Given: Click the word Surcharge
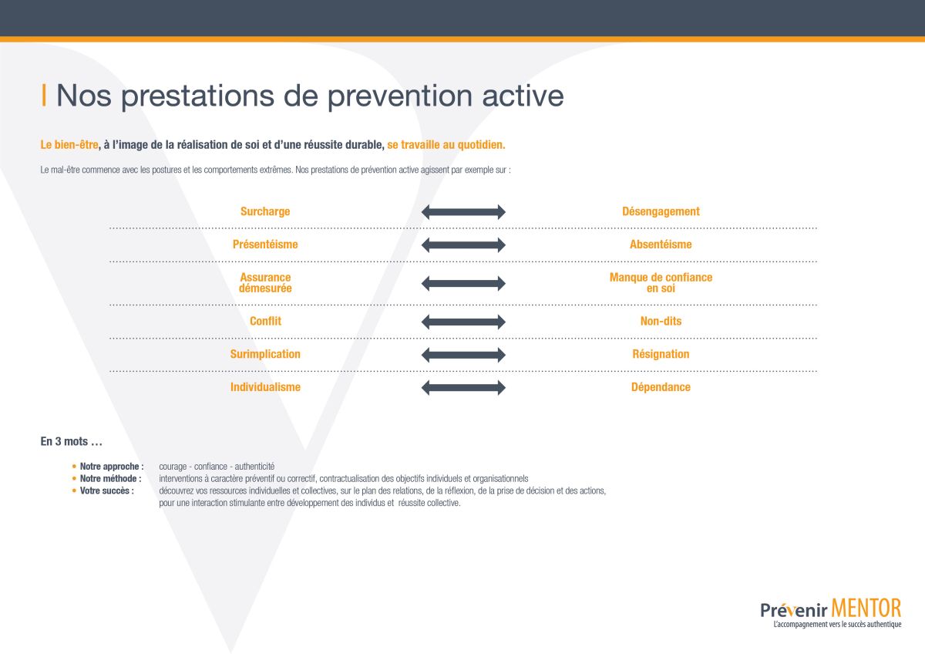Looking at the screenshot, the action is (x=265, y=211).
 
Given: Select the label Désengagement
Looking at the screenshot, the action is (x=661, y=211).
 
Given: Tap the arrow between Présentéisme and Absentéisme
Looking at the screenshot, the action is (x=463, y=245).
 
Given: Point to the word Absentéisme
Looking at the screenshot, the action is (x=661, y=244).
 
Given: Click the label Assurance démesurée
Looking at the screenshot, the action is (x=265, y=282).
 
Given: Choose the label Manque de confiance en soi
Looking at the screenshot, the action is (x=661, y=282).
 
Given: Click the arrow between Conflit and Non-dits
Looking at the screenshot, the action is (x=463, y=322).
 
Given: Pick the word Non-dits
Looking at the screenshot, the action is (x=661, y=321).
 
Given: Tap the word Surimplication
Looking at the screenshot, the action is (x=265, y=354).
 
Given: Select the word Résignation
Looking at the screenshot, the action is (x=661, y=354).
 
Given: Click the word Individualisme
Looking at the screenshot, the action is (x=265, y=387).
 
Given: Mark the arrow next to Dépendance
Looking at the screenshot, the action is (x=463, y=387).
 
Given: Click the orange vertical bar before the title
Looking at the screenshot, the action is (x=44, y=95).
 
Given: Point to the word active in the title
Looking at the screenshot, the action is (x=523, y=96).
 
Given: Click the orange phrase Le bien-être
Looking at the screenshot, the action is (x=69, y=144).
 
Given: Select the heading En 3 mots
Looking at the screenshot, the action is (x=71, y=441).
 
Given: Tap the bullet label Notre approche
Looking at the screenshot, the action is (x=112, y=467).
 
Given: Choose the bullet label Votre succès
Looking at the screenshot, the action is (x=106, y=490).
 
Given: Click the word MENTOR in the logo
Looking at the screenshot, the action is (x=866, y=608).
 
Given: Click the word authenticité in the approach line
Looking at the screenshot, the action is (x=254, y=467).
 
